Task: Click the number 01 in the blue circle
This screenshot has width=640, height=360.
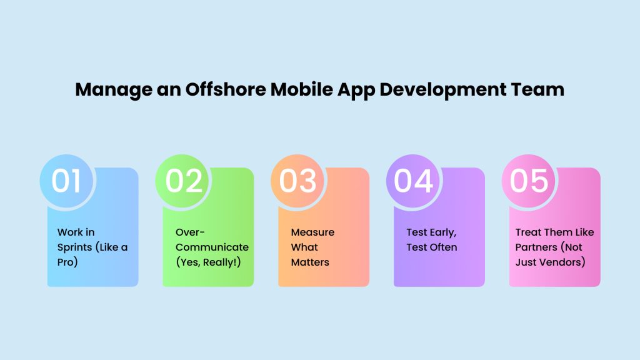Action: (66, 181)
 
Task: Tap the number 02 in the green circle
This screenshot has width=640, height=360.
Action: (184, 181)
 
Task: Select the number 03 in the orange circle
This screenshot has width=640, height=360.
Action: (297, 181)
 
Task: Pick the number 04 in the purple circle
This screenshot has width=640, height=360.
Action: (413, 181)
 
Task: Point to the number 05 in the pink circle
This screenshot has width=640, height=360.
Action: (529, 181)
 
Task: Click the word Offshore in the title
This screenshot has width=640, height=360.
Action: (226, 89)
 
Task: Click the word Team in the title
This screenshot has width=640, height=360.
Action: (537, 89)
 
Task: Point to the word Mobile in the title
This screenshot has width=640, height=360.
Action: (302, 89)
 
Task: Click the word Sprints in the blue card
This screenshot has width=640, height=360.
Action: (75, 247)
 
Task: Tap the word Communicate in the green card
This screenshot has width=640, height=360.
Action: (212, 247)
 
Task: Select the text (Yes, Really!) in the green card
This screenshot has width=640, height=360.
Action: (208, 262)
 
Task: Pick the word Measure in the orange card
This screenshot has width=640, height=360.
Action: (312, 232)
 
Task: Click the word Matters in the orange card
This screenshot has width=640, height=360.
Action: (310, 262)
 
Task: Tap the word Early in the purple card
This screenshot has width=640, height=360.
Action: (442, 232)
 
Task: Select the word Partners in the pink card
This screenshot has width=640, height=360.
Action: (536, 247)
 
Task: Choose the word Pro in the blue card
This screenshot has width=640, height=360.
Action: (67, 262)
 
